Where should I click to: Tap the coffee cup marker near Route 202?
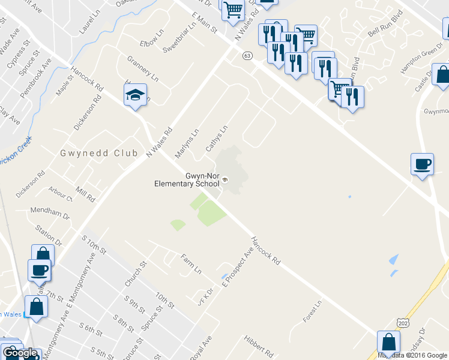point(422,164)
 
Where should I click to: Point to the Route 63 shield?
point(247,55)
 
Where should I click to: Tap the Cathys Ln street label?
point(217,138)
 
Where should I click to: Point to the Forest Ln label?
point(313,312)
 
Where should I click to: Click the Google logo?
point(20,353)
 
